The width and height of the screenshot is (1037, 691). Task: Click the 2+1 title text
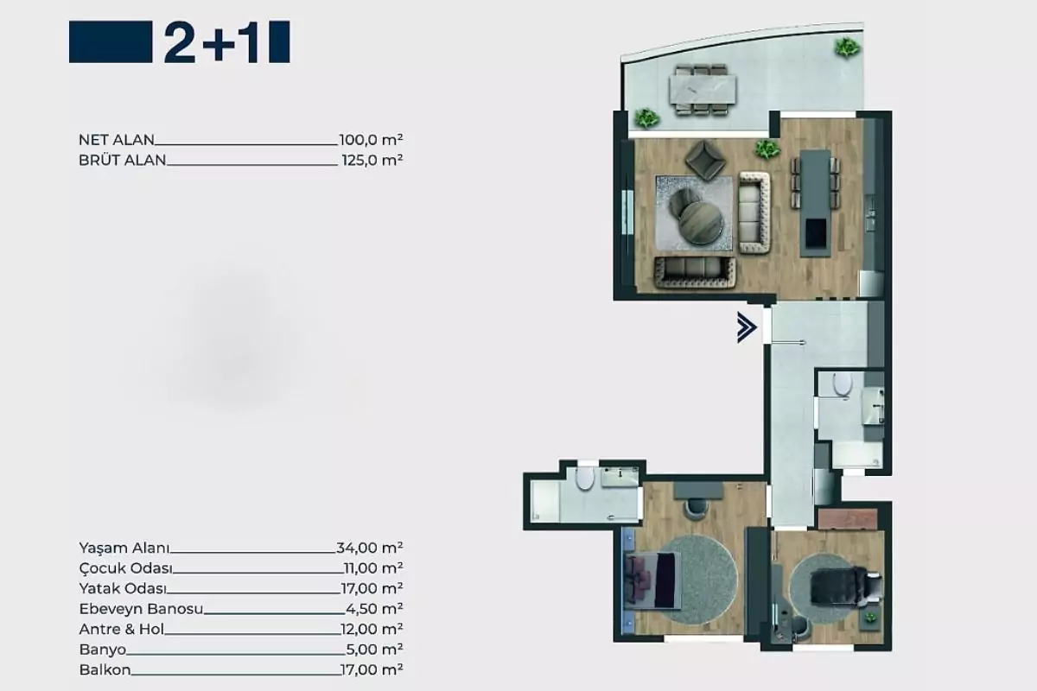tap(211, 41)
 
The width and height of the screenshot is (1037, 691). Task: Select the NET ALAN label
tap(116, 139)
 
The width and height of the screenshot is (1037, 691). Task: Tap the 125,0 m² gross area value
tap(372, 160)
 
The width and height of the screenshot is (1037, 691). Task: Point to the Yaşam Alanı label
tap(124, 548)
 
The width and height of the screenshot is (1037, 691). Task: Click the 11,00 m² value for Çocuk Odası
tap(373, 567)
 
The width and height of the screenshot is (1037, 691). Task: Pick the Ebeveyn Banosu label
tap(141, 609)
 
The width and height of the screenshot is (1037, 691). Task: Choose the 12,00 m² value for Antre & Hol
tap(372, 629)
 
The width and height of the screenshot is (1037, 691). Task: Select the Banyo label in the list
tap(102, 650)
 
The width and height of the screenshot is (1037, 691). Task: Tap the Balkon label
tap(105, 669)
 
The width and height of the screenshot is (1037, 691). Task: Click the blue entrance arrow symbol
tap(747, 327)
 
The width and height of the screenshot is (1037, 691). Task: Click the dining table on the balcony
tap(703, 90)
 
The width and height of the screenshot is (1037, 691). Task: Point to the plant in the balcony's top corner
tap(847, 48)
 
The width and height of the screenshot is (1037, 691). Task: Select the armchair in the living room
tap(705, 160)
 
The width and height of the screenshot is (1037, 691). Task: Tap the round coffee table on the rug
tap(701, 222)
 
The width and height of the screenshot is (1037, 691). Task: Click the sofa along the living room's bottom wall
tap(695, 272)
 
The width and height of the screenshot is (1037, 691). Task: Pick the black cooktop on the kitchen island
tap(816, 234)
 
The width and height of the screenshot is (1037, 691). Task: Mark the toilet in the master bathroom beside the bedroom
tap(585, 479)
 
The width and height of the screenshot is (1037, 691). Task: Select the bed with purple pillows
tap(652, 580)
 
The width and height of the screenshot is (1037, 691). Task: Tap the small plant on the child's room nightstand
tap(871, 618)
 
